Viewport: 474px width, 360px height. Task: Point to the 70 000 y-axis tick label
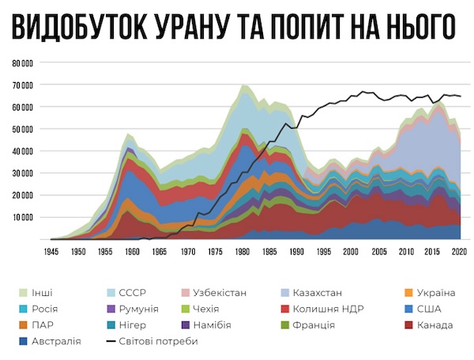[x=23, y=84]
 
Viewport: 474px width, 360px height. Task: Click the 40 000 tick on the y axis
[x=23, y=151]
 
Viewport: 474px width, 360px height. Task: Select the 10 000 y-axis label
[x=23, y=217]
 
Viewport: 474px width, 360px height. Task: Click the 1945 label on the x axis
[x=51, y=252]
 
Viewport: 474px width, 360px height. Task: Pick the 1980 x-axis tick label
[x=242, y=252]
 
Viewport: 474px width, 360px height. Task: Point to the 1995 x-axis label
[x=324, y=252]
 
